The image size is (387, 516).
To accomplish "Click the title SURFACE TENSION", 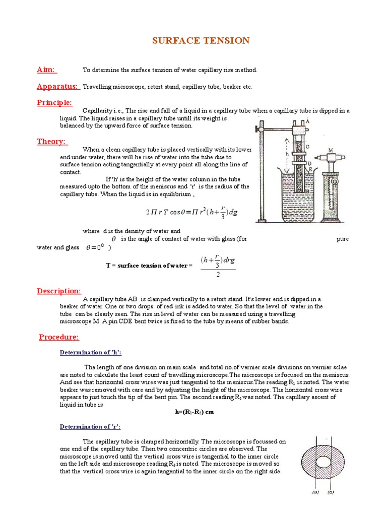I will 201,41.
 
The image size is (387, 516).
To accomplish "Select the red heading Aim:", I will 46,70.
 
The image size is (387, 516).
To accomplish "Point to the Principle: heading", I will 54,103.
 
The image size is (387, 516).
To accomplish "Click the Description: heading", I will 59,291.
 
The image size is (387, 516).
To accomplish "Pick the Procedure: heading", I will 59,337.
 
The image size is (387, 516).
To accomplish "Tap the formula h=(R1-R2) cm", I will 194,412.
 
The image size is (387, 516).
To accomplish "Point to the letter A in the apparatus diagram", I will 307,120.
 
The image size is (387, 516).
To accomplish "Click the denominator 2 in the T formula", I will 218,275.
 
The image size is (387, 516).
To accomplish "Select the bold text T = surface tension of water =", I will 149,265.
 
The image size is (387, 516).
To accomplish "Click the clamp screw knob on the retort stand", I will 261,122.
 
